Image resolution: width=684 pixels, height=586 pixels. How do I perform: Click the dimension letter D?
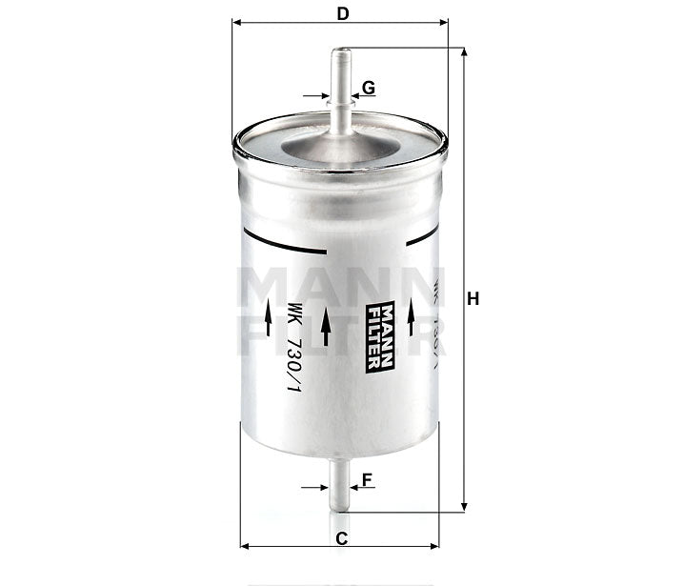pyautogui.click(x=341, y=14)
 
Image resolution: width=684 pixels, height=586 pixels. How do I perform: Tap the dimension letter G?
pyautogui.click(x=369, y=88)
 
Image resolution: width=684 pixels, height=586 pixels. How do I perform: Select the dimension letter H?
pyautogui.click(x=473, y=299)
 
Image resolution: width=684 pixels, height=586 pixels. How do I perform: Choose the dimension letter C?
pyautogui.click(x=340, y=538)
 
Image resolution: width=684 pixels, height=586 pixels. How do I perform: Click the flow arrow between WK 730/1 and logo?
pyautogui.click(x=325, y=326)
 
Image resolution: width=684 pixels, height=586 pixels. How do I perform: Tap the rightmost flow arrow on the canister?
pyautogui.click(x=412, y=316)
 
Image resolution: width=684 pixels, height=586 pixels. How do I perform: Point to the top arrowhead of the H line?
pyautogui.click(x=463, y=53)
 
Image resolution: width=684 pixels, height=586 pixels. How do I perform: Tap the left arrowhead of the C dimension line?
pyautogui.click(x=246, y=547)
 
